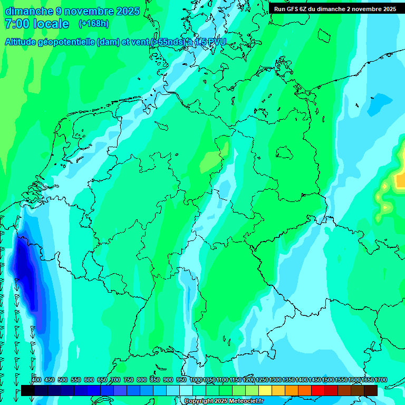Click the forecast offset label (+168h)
pos(93,23)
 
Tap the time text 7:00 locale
pos(37,24)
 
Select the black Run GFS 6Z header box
pos(335,8)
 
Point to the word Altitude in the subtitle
pos(23,42)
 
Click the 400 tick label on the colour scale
pos(36,380)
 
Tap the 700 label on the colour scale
pos(115,380)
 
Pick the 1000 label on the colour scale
pos(196,380)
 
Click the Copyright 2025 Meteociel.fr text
pos(224,401)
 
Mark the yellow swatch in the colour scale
pos(265,390)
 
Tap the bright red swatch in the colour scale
pos(318,390)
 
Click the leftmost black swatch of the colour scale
pos(28,390)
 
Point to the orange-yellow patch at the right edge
pos(400,181)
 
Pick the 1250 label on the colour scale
pos(262,380)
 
